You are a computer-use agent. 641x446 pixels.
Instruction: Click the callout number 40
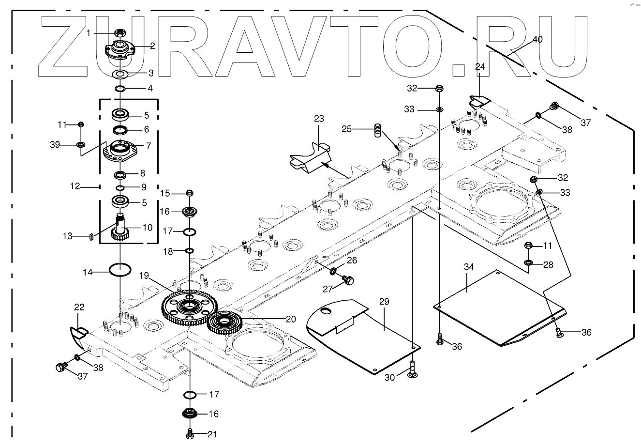tap(537, 40)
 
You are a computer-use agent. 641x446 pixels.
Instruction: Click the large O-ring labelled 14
tap(120, 270)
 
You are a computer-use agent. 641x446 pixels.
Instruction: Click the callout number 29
tap(384, 301)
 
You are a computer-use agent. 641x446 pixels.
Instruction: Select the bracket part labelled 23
tap(311, 157)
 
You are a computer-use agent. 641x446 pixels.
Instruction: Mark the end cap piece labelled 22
tap(78, 333)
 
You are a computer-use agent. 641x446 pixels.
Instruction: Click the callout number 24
tap(480, 67)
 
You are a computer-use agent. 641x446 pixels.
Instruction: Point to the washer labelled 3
tap(120, 74)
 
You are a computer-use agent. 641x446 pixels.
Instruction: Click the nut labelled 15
tap(190, 193)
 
